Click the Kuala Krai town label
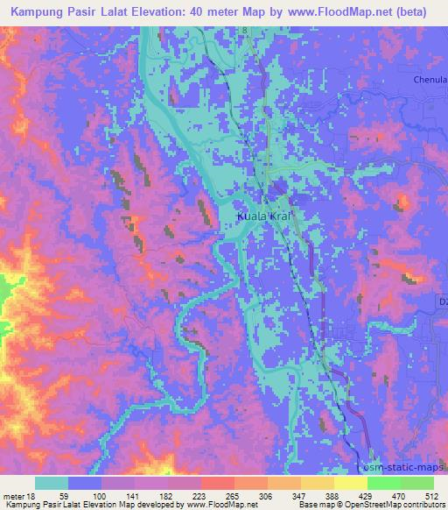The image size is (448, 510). coord(263,216)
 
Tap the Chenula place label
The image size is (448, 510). coord(430,79)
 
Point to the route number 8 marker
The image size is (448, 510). coord(247,31)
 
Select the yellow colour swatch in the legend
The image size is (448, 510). coord(350,483)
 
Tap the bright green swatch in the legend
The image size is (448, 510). coord(383,483)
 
